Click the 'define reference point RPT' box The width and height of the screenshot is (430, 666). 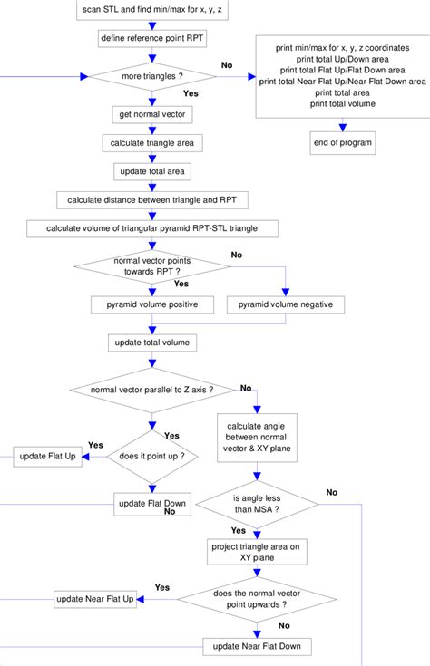click(151, 39)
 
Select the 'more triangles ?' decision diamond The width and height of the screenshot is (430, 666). click(151, 77)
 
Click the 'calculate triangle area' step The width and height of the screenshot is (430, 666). click(151, 144)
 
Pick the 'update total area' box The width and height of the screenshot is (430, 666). click(151, 171)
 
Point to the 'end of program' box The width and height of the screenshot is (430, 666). click(343, 143)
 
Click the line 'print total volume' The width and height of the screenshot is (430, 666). click(343, 103)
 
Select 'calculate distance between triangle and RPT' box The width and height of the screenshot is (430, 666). click(151, 199)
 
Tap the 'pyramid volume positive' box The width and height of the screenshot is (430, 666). click(151, 304)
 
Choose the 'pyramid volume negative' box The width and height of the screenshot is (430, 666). click(286, 304)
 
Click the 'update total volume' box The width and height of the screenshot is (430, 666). click(151, 343)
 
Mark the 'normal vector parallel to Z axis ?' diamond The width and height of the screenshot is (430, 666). click(152, 390)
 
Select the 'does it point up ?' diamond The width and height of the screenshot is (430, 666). click(152, 457)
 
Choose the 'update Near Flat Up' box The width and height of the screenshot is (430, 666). click(95, 599)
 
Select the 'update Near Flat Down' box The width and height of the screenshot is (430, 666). click(258, 646)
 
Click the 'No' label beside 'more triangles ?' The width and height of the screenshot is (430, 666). click(227, 65)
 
